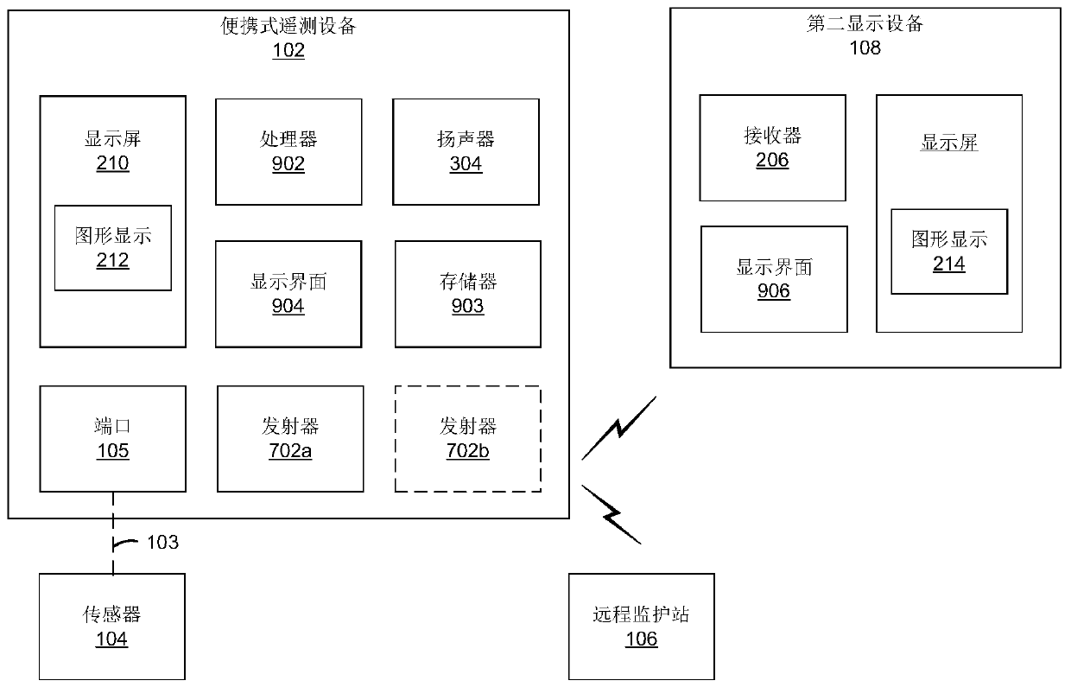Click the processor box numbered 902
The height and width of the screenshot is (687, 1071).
tap(288, 151)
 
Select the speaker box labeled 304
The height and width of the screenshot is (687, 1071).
tap(466, 151)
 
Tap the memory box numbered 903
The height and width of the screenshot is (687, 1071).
tap(468, 294)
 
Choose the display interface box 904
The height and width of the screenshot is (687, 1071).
tap(288, 294)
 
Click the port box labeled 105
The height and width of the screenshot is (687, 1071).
tap(112, 438)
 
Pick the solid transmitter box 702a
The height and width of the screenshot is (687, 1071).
tap(289, 438)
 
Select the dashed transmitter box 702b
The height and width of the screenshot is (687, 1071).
tap(468, 438)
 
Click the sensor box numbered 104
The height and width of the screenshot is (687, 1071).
tap(112, 627)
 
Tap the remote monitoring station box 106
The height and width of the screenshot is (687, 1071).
tap(642, 627)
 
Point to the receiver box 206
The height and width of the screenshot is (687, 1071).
tap(772, 148)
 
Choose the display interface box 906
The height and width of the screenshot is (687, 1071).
tap(774, 279)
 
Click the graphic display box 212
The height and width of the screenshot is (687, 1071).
tap(113, 248)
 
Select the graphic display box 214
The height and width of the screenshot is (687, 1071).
tap(949, 251)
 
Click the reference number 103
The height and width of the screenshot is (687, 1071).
tap(162, 543)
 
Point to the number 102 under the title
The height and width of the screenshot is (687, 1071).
tap(288, 50)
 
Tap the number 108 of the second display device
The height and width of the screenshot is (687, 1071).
tap(865, 48)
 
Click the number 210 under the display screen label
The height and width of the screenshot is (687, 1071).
tap(112, 163)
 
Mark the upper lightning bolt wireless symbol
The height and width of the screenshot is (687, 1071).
tap(619, 428)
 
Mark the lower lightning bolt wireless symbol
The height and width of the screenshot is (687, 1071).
tap(612, 514)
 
